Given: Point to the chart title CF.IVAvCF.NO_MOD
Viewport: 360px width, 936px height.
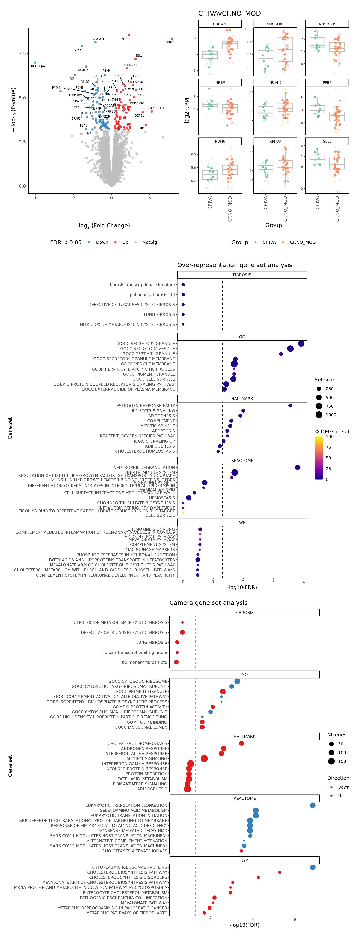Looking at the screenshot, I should [x=229, y=13].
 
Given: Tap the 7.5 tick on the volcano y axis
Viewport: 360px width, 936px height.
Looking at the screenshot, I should [x=22, y=53].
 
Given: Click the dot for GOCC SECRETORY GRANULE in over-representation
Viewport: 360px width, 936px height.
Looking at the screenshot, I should [x=301, y=343].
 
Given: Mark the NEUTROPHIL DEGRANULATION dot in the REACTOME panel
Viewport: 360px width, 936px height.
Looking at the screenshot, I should [x=298, y=467].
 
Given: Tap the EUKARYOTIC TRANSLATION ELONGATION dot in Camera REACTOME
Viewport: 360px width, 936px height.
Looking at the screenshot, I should [x=313, y=805].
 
